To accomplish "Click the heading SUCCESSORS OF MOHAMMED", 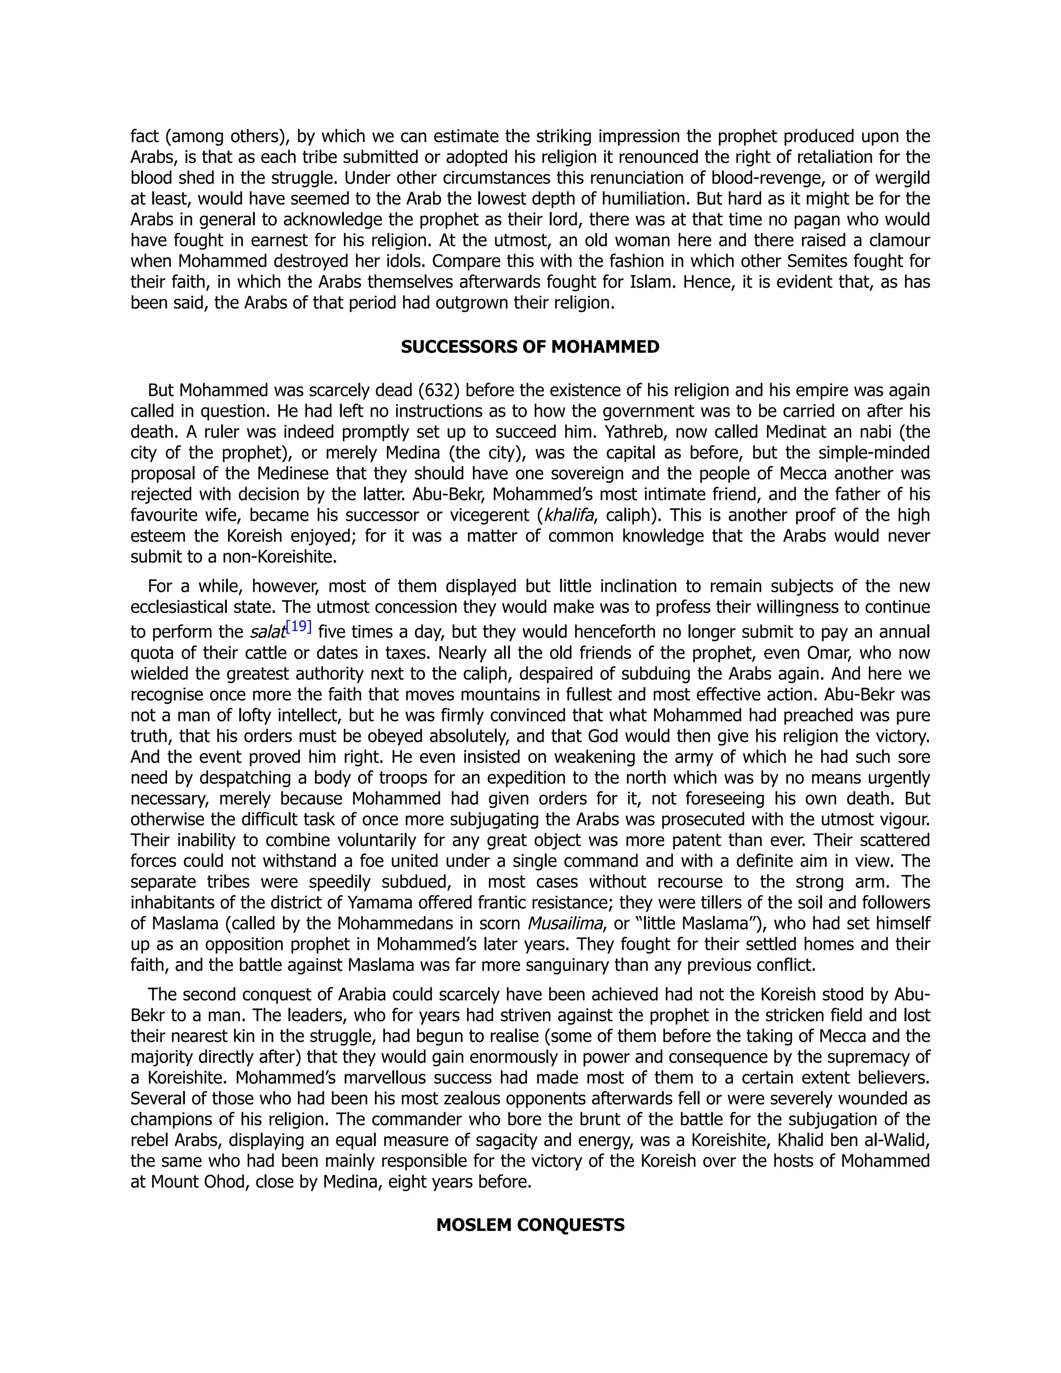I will pos(530,347).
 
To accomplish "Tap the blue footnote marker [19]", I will pos(298,626).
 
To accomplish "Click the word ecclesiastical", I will pos(189,607).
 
